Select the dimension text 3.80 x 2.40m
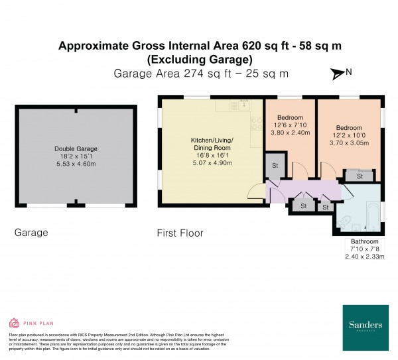[x=290, y=131]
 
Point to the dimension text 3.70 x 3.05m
[x=349, y=142]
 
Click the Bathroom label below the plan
[x=365, y=241]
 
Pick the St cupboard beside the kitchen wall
[x=274, y=165]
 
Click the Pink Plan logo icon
[x=14, y=323]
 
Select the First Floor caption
[x=180, y=233]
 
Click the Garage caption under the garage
[x=31, y=233]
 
